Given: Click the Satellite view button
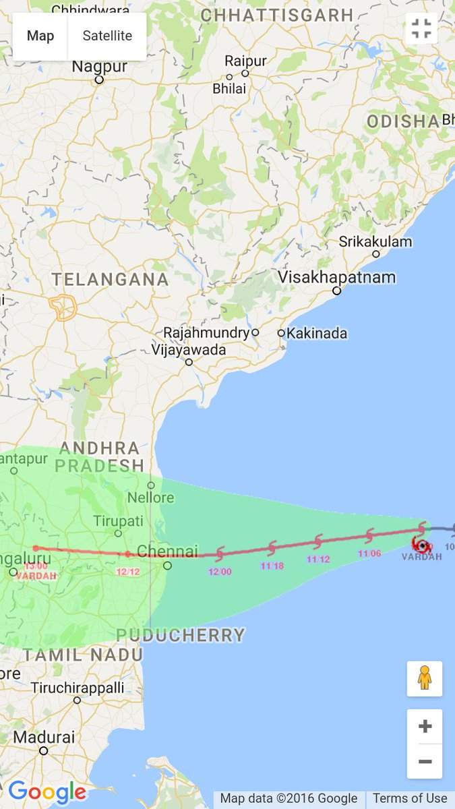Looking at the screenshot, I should click(x=107, y=36).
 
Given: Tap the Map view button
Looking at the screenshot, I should click(x=40, y=36).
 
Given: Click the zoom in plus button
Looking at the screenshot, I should click(x=425, y=727).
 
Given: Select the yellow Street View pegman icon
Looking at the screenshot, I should click(x=425, y=678).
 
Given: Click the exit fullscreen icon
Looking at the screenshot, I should click(x=422, y=28).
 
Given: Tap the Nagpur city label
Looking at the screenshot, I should click(x=99, y=67).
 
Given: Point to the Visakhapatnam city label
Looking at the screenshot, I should click(x=337, y=277).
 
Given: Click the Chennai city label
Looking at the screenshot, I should click(x=167, y=551).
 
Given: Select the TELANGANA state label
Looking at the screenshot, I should click(x=110, y=279).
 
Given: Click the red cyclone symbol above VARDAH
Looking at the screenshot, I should click(x=422, y=545).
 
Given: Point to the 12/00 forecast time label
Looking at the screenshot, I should click(x=220, y=572).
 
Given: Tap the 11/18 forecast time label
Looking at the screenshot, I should click(x=272, y=566).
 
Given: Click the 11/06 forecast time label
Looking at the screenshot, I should click(x=369, y=553).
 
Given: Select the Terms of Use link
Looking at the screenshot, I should click(x=410, y=799).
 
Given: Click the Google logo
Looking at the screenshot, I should click(x=47, y=791).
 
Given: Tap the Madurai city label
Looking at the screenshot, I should click(x=44, y=737).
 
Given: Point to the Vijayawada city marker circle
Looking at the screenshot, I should click(x=189, y=362).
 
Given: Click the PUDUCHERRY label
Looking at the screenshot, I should click(x=180, y=635).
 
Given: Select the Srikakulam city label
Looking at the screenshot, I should click(x=375, y=241).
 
